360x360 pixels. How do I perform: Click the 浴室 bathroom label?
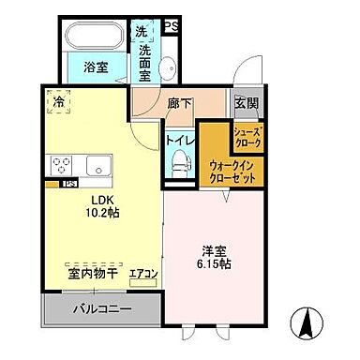coord(96,67)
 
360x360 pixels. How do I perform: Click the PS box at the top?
coord(172,25)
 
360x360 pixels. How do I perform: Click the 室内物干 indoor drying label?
coord(92,274)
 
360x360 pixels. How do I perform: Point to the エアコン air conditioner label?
coord(143,275)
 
